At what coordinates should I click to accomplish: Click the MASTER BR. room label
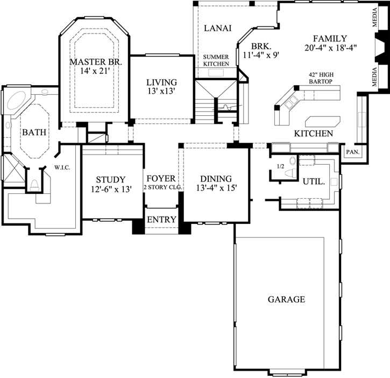point(96,62)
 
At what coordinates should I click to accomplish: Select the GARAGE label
point(286,299)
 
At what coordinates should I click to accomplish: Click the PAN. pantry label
point(353,152)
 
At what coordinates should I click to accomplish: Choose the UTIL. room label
point(314,182)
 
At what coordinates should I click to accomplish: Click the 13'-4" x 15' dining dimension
point(216,188)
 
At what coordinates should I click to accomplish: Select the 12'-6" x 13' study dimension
point(110,189)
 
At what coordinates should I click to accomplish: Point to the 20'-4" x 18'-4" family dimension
point(330,47)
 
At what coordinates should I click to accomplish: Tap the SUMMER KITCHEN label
point(216,60)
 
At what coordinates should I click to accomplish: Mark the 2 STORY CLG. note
point(161,188)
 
